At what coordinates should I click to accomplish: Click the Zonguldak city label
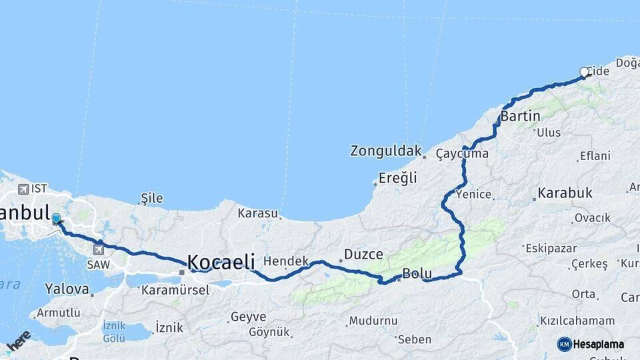pos(386,151)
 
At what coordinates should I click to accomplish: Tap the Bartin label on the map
pos(520,116)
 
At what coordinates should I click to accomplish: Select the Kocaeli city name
pos(221,262)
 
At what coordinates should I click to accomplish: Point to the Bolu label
pos(417,274)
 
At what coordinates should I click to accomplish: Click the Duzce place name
pos(363,255)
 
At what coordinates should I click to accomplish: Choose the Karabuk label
pos(565,193)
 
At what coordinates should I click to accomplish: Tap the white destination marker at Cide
pos(584,72)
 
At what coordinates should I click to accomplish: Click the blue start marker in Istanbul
pos(56,219)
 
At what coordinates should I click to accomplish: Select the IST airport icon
pos(24,189)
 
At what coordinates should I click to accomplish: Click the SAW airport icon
pos(99,250)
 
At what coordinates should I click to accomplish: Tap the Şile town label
pos(151,198)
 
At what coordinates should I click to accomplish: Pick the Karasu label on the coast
pos(257,213)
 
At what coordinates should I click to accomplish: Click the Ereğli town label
pos(397,178)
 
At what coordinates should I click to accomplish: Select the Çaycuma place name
pos(462,154)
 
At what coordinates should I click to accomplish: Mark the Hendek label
pos(286,261)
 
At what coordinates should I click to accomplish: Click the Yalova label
pos(67,289)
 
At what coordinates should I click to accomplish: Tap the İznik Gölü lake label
pos(114,331)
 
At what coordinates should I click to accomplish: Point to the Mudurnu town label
pos(373,321)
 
